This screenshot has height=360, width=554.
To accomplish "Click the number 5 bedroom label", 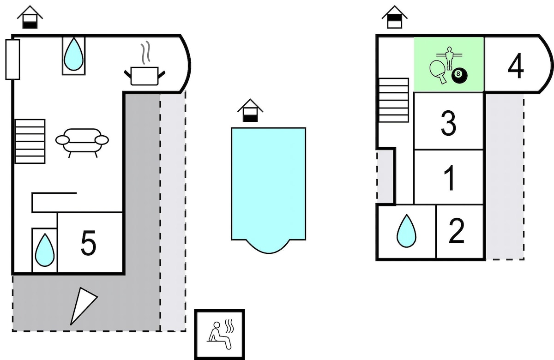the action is [88, 243].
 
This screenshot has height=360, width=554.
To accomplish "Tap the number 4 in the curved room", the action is [516, 66].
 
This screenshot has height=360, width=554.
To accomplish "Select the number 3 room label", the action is [448, 123].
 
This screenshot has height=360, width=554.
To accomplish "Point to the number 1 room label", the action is [449, 178].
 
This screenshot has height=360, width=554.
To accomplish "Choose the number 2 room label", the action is [456, 231].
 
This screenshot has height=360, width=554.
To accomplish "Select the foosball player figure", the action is [449, 59].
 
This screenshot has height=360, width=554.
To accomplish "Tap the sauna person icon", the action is [220, 335].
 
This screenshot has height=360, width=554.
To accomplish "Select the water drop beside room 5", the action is [44, 250].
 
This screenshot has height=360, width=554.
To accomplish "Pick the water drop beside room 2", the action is [406, 231].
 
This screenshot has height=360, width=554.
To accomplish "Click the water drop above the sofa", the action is [73, 54].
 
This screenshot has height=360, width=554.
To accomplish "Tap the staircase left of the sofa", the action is [30, 141].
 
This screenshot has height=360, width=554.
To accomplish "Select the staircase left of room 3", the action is [393, 100].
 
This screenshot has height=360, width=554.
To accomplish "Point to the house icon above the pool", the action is [250, 110].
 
